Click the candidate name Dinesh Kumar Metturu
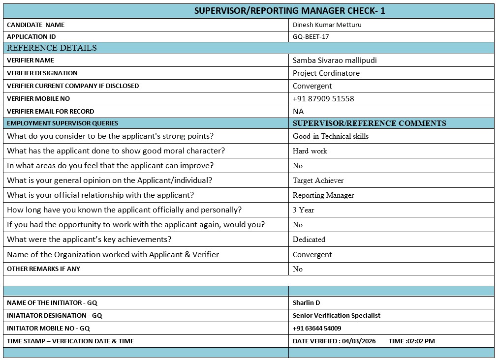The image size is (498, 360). (327, 25)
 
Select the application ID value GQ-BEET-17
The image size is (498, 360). (311, 37)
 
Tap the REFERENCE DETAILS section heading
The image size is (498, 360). (52, 48)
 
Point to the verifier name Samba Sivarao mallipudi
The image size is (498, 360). (335, 60)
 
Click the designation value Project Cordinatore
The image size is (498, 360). (326, 73)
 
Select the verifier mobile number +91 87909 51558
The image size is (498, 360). (323, 99)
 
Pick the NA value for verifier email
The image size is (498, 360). (298, 112)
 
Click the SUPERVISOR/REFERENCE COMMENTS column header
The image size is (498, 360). (369, 123)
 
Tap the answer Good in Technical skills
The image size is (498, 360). (330, 136)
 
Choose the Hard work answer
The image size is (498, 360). (310, 151)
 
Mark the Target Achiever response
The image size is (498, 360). (318, 180)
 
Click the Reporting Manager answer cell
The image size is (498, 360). (323, 195)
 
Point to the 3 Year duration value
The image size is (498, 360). (303, 210)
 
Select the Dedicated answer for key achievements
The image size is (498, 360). (309, 240)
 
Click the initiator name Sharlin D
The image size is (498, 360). (306, 303)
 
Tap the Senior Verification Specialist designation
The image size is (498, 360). (336, 316)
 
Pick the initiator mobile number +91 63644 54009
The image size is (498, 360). (316, 329)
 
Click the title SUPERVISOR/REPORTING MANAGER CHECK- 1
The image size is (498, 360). (293, 11)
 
